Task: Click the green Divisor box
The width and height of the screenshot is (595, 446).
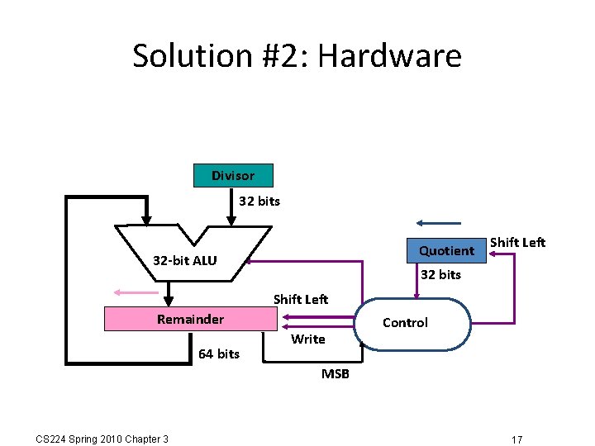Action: pyautogui.click(x=232, y=176)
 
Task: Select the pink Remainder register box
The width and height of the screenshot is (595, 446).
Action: pyautogui.click(x=190, y=320)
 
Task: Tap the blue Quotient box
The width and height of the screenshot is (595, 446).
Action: pyautogui.click(x=446, y=250)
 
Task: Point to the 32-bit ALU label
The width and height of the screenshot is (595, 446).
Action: pyautogui.click(x=184, y=261)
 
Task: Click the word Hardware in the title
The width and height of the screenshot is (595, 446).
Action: pyautogui.click(x=389, y=56)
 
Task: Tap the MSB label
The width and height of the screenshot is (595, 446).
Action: pyautogui.click(x=336, y=374)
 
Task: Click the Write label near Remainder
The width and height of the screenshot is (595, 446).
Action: pyautogui.click(x=308, y=339)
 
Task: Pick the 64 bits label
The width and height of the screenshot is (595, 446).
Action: pyautogui.click(x=218, y=354)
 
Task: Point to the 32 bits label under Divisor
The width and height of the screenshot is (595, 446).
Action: pyautogui.click(x=259, y=202)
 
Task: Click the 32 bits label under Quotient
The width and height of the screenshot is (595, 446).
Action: pyautogui.click(x=440, y=275)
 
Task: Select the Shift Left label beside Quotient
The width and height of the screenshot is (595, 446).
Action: pyautogui.click(x=518, y=242)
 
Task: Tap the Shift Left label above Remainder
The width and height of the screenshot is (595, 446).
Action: pyautogui.click(x=301, y=299)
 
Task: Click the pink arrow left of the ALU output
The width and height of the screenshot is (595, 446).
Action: pyautogui.click(x=136, y=292)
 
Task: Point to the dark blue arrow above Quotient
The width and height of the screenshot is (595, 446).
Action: pyautogui.click(x=439, y=223)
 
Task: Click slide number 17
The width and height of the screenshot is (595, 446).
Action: pyautogui.click(x=516, y=439)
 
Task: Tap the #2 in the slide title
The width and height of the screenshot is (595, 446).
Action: pyautogui.click(x=288, y=56)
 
